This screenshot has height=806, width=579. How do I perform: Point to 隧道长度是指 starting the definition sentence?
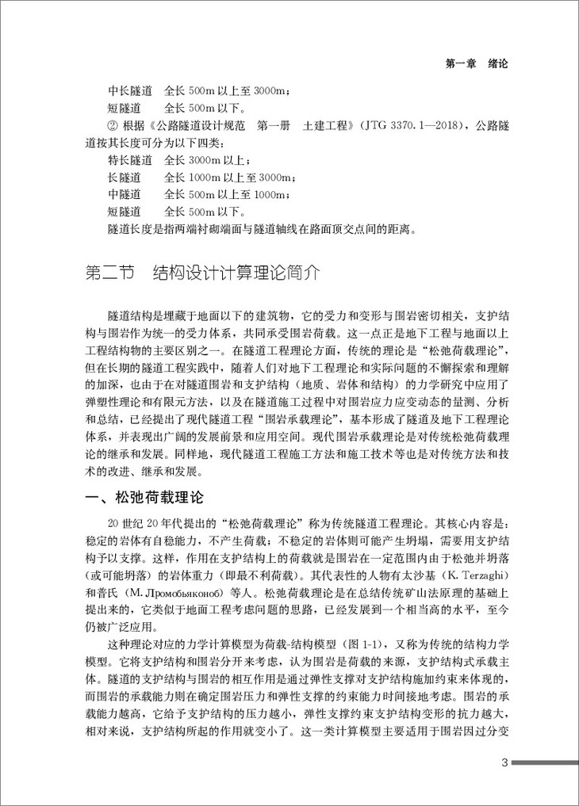tap(140, 229)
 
